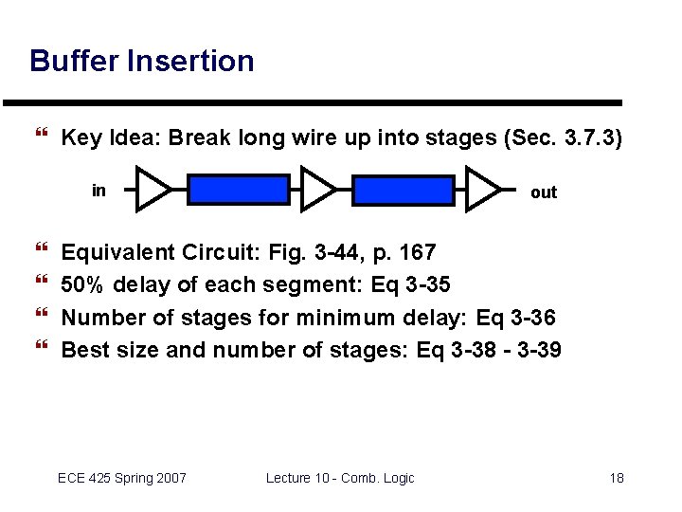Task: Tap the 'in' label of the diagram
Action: [x=99, y=191]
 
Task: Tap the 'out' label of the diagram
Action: [x=544, y=192]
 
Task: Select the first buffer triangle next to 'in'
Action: [x=153, y=189]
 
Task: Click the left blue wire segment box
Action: [x=238, y=190]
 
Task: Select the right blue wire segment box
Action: [x=403, y=190]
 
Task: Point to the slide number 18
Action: [x=616, y=477]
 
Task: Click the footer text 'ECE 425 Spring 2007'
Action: [x=122, y=477]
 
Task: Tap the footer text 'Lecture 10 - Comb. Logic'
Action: [x=340, y=477]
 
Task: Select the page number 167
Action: [x=417, y=252]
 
